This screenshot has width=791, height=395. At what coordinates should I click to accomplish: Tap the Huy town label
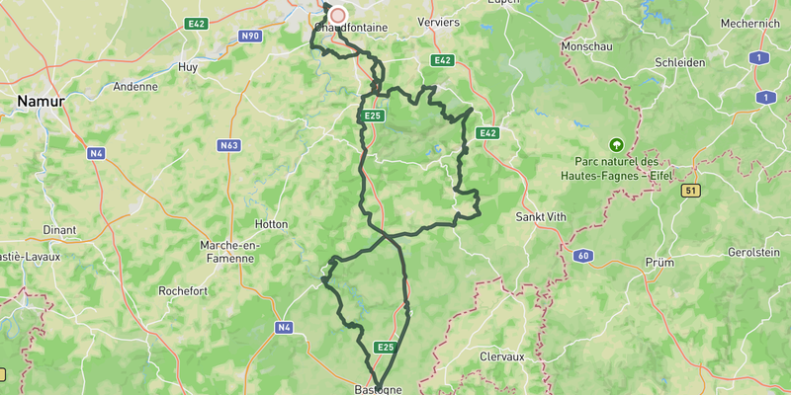187,66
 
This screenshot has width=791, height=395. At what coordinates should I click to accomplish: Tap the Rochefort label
183,291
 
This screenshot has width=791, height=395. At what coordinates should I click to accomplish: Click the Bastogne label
378,389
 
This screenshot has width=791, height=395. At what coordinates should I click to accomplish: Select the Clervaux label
501,355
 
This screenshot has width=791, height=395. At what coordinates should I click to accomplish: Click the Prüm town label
659,263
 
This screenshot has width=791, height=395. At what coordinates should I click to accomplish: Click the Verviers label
439,22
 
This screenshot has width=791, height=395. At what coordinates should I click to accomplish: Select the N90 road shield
250,37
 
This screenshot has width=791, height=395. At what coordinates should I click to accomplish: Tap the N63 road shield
229,145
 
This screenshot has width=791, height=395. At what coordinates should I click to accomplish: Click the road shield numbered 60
582,257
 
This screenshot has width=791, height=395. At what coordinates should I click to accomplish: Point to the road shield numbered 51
691,191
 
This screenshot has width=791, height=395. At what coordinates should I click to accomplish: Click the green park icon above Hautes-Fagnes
618,144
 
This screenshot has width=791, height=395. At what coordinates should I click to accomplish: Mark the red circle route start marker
338,15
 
